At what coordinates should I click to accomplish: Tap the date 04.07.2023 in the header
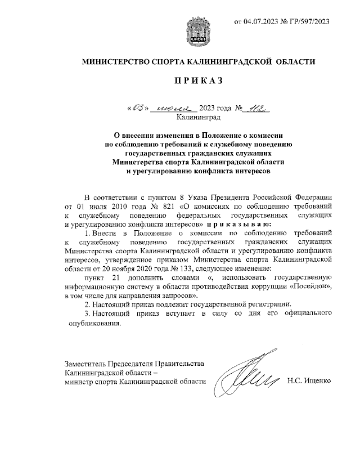click(x=260, y=22)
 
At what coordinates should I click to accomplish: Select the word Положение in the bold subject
click(x=208, y=136)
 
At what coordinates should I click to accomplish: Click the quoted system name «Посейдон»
click(x=310, y=286)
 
